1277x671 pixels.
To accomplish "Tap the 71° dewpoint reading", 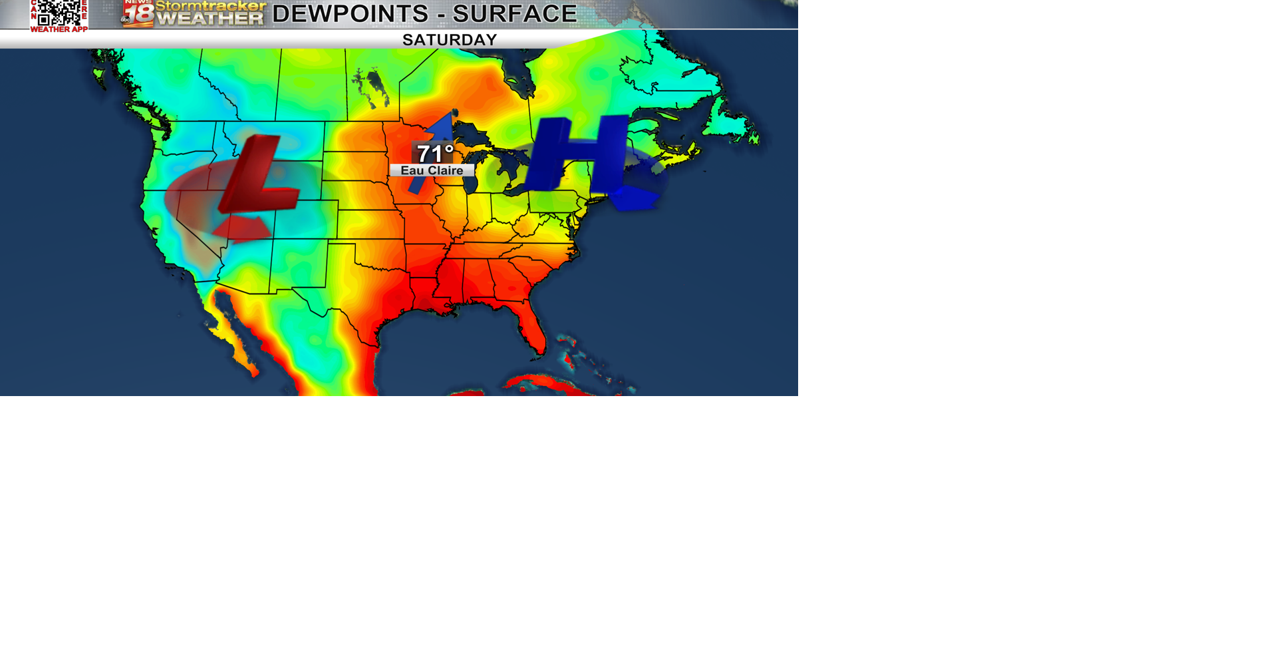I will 435,153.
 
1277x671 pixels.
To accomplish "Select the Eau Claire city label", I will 432,170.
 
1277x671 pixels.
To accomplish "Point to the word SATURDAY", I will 450,40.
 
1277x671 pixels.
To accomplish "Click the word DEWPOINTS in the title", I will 351,13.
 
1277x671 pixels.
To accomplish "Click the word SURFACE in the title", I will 515,13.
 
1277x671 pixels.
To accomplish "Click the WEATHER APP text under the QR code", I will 59,29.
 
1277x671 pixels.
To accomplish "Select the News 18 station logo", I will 138,13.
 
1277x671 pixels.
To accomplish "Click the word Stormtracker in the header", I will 211,7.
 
